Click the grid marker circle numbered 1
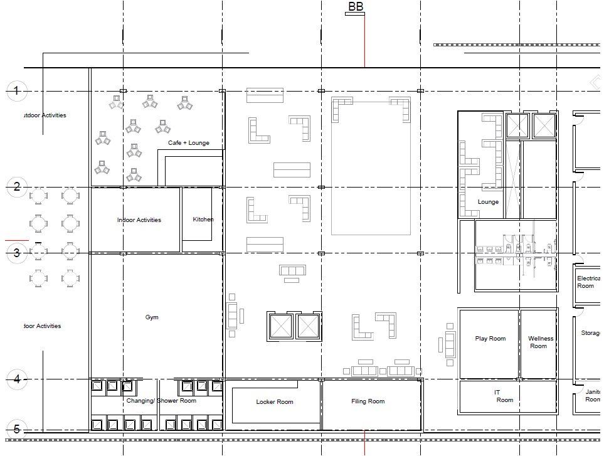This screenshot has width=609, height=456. pos(16,91)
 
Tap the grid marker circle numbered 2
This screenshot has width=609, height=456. pos(16,187)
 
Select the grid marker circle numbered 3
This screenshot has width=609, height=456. pos(16,253)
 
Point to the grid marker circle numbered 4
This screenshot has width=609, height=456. pos(16,379)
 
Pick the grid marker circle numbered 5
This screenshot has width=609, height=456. pos(16,430)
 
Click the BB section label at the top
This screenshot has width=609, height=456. pos(355,7)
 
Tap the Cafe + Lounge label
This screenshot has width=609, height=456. pos(188,143)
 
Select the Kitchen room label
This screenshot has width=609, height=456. pos(203,220)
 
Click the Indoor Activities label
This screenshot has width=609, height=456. pos(139,220)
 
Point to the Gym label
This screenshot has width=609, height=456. pos(152,317)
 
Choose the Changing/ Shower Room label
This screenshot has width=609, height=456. pos(161,401)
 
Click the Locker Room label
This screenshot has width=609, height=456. pos(274,402)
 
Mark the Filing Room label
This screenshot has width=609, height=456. pos(368,401)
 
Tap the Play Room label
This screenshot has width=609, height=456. pos(490,339)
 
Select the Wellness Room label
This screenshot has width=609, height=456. pos(540,342)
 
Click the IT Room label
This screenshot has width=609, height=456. pos(501,396)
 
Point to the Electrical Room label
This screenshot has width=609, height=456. pos(588,282)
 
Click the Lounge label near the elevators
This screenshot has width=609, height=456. pos(488,202)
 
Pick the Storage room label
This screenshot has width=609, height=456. pos(590,333)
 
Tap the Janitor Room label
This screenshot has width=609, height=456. pos(592,396)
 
